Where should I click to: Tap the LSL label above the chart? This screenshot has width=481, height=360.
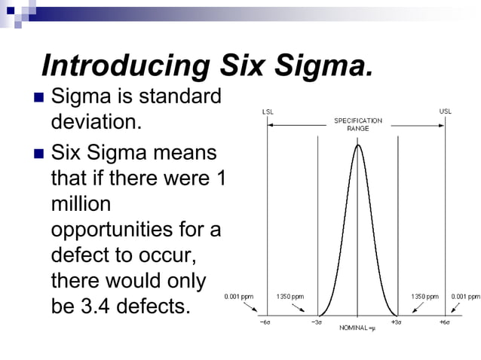point(268,111)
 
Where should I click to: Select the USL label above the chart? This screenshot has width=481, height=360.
point(446,111)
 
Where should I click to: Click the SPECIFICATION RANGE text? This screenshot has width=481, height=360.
point(357,124)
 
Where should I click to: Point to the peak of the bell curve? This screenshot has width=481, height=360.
point(357,145)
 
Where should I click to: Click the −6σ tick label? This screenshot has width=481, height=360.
point(266,322)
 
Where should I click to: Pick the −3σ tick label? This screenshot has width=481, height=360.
point(317,322)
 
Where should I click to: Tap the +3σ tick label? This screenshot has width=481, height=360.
point(395,322)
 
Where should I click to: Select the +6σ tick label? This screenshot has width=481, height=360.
point(446,322)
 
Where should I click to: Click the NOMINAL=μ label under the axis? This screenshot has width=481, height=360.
point(357,329)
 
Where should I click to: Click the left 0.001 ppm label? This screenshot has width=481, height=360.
point(239,297)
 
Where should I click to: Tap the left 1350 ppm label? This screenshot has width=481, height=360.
point(290,297)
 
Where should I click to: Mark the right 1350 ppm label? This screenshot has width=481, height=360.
point(424,297)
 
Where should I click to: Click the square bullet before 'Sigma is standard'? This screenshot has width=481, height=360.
point(38,98)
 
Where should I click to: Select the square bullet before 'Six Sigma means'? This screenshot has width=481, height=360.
point(38,155)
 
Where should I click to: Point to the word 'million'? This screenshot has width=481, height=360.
point(81,204)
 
